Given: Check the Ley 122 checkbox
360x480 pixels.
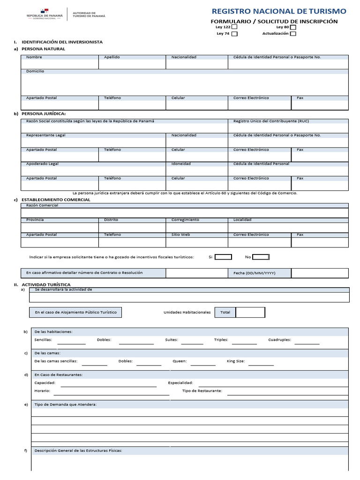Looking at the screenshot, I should click(235, 27).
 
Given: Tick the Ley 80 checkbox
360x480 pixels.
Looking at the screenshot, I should click(293, 27).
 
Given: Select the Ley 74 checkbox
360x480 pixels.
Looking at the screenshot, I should click(235, 34).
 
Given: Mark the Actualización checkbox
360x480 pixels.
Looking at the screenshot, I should click(293, 34).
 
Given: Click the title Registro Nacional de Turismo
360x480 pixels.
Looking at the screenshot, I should click(279, 11).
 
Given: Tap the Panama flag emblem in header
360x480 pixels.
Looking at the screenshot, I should click(44, 11).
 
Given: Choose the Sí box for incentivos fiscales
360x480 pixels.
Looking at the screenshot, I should click(223, 257).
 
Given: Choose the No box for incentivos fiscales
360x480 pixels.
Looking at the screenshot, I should click(261, 257).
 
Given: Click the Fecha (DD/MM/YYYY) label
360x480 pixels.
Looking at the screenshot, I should click(254, 273).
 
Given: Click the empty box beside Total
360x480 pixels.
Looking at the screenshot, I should click(250, 312).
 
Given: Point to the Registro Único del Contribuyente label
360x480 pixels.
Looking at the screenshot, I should click(271, 121).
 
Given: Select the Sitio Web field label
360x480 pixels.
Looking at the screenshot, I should click(180, 234).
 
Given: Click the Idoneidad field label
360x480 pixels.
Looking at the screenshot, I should click(181, 164).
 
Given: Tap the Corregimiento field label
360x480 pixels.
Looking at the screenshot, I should click(185, 220).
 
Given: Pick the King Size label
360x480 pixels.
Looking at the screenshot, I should click(236, 361).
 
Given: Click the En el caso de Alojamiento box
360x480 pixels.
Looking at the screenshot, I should click(75, 312).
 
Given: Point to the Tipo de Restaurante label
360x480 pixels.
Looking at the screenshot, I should click(202, 390).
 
